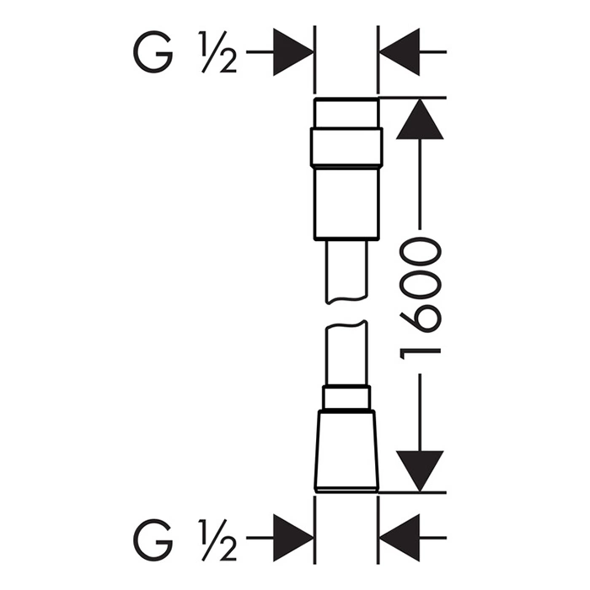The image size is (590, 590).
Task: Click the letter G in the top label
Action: tap(153, 52)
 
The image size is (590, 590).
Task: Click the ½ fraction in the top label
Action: tap(217, 52)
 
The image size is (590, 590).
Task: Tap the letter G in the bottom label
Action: tap(153, 540)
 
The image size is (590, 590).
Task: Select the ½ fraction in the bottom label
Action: tap(217, 540)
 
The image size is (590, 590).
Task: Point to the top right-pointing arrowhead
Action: tap(293, 52)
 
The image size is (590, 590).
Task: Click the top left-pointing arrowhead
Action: tap(400, 52)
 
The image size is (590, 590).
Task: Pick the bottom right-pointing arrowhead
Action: tap(293, 538)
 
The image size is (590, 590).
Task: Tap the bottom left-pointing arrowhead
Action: tap(400, 538)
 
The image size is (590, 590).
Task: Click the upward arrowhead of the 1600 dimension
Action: tap(420, 119)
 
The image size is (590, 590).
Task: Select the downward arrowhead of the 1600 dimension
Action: tap(420, 471)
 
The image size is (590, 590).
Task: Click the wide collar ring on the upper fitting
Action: tap(346, 147)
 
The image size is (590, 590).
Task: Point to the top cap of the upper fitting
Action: tap(346, 113)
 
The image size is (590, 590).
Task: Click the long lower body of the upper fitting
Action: tap(346, 202)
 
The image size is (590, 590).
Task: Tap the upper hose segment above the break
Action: tap(346, 271)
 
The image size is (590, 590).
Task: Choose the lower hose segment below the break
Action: tap(346, 354)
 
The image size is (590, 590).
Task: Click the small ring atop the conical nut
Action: tap(346, 398)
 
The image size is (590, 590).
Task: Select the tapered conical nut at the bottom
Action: tap(346, 451)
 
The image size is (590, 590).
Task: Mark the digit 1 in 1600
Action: tap(420, 354)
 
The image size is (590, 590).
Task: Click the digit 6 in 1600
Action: tap(420, 319)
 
